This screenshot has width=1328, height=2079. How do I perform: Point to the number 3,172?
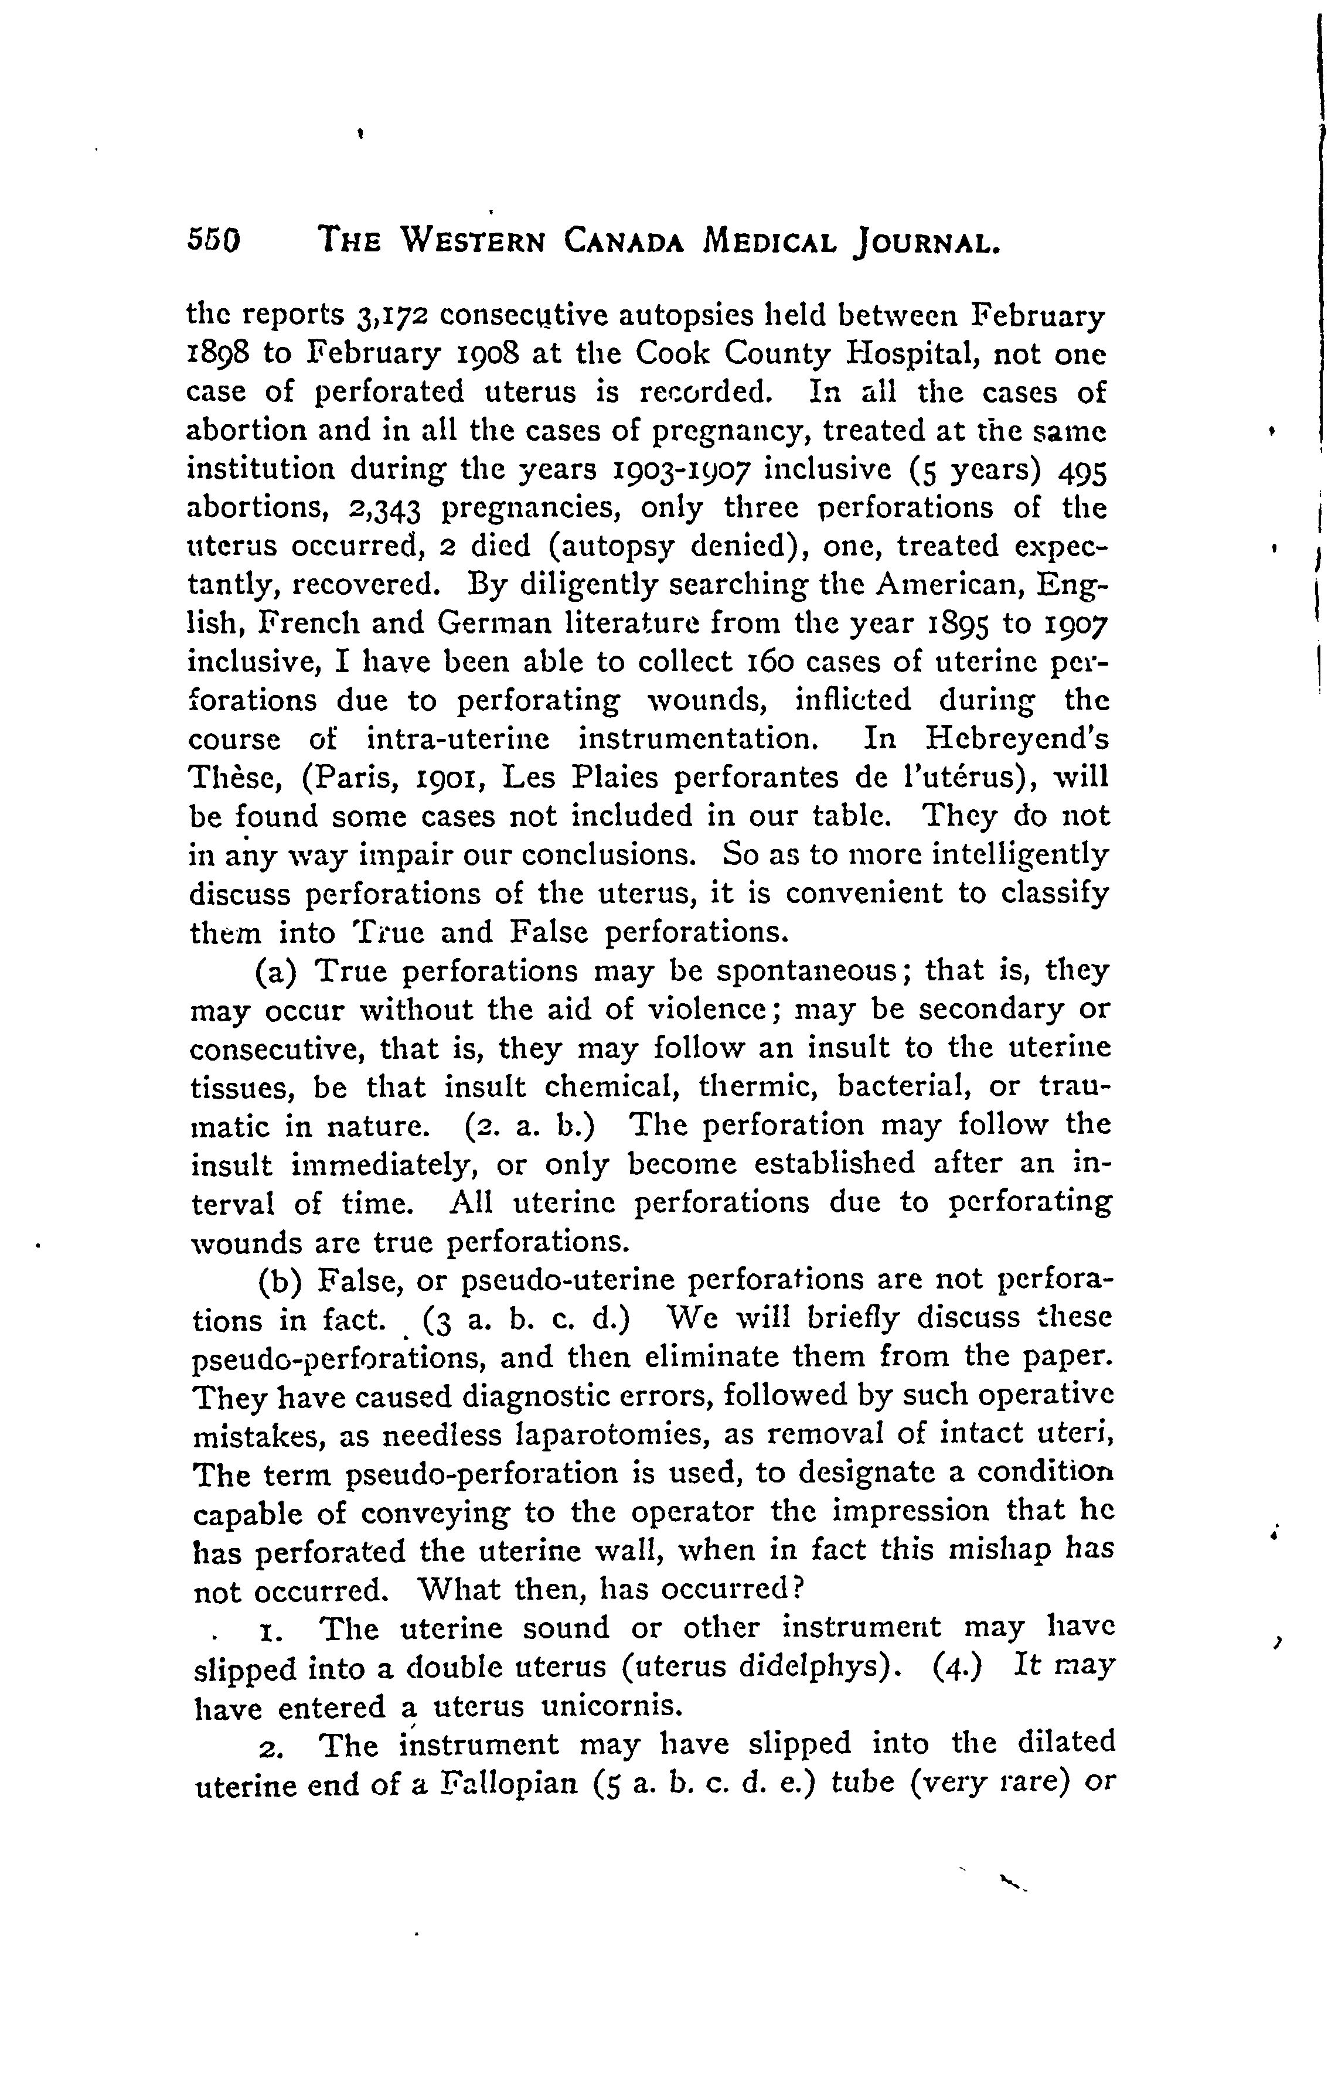coord(391,318)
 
